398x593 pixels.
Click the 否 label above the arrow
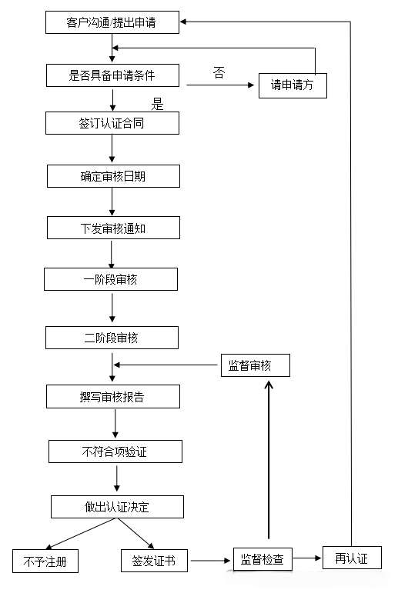coord(219,73)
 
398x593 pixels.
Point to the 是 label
coord(157,105)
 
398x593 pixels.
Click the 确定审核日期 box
coord(113,176)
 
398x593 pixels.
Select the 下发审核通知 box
coord(113,228)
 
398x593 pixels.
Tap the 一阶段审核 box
coord(111,279)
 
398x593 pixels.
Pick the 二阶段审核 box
coord(112,338)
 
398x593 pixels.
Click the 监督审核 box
coord(256,365)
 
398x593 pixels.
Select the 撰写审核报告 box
coord(113,397)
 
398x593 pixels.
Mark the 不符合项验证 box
coord(115,451)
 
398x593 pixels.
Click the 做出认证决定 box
coord(117,507)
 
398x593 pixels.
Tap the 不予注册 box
coord(45,561)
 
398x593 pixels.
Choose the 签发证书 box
coord(154,561)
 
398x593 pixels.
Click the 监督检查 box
coord(263,559)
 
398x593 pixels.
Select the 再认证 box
coord(352,558)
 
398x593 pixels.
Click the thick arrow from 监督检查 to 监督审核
coord(268,461)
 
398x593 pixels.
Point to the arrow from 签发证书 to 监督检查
coord(209,561)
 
